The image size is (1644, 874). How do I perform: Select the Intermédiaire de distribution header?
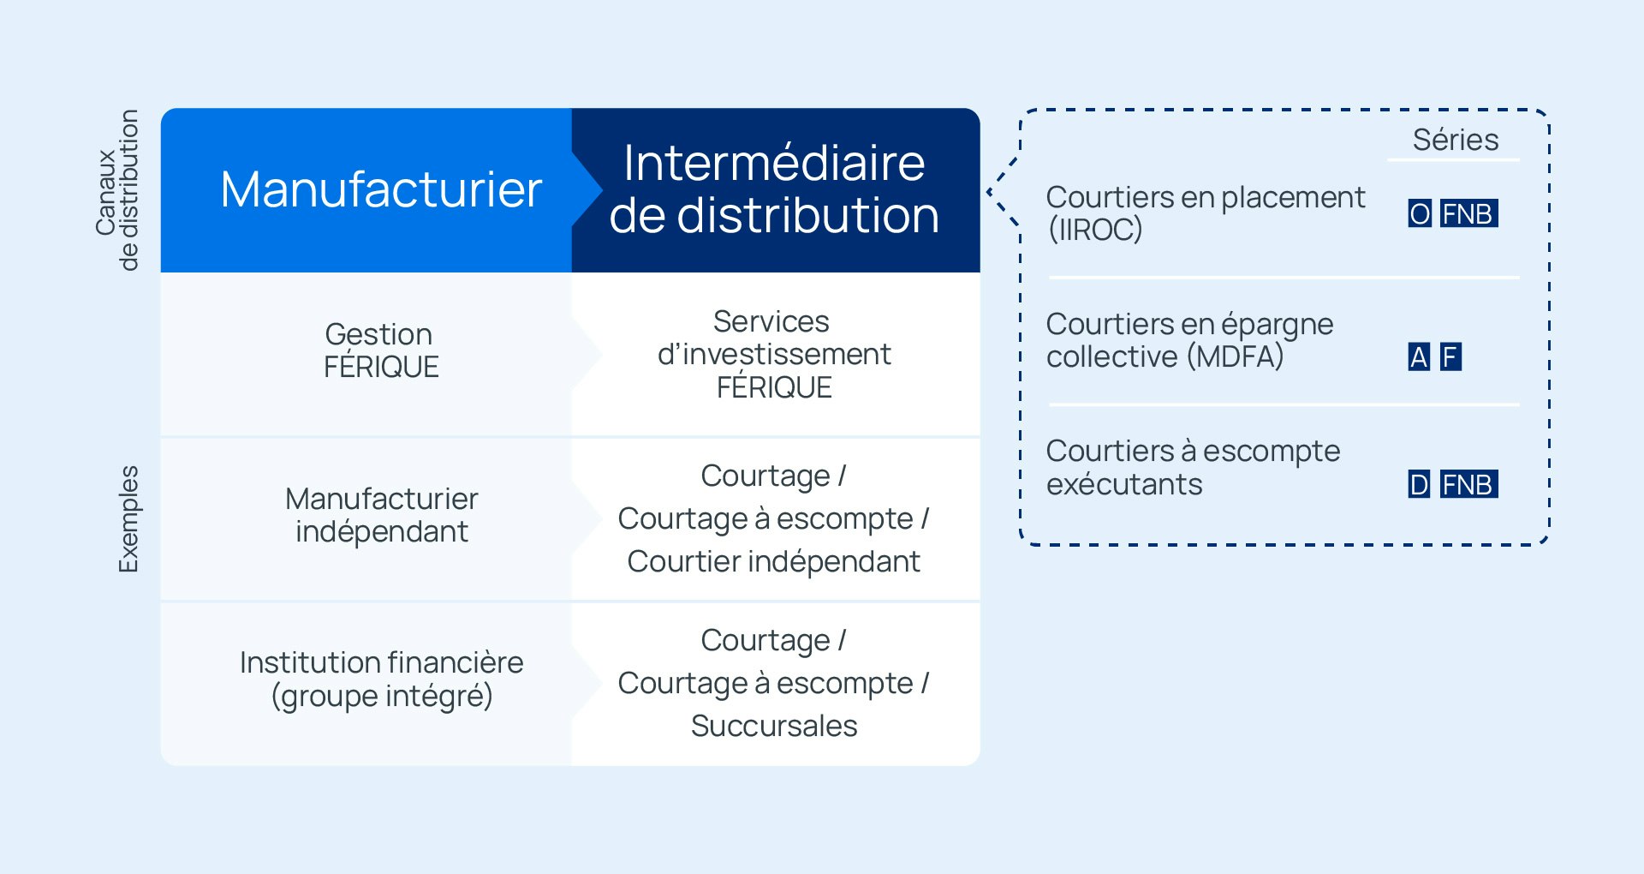(776, 190)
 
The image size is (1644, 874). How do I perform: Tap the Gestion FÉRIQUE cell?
(366, 355)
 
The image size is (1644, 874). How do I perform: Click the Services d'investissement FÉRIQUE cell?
(776, 355)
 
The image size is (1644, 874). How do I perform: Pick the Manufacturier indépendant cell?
(366, 519)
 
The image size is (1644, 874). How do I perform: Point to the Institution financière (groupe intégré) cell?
(366, 684)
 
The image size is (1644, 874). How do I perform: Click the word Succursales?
(774, 726)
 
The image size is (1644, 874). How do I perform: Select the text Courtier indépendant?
(774, 561)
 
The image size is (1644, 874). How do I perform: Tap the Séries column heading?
(1456, 140)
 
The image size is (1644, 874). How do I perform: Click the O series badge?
(1420, 213)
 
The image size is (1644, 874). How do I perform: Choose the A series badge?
(1420, 356)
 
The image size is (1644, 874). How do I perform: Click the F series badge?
(1450, 356)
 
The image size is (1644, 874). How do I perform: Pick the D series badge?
(1420, 484)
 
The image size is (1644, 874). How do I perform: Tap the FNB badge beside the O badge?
(1468, 213)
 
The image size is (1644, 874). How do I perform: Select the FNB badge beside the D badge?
(1468, 484)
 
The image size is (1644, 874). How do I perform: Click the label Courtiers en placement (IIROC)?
(1206, 213)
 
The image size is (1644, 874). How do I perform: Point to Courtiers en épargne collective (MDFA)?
(1190, 340)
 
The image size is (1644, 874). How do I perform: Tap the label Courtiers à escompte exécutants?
(1194, 468)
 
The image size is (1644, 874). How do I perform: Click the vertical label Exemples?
(128, 519)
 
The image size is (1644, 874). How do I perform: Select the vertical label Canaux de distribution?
(117, 190)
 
